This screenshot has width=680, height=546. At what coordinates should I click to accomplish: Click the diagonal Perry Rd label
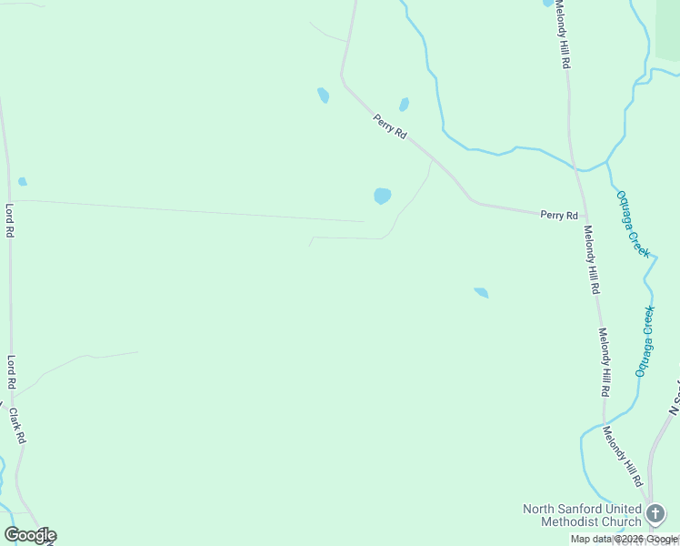click(389, 126)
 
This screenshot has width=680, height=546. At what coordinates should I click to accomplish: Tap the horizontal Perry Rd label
click(559, 216)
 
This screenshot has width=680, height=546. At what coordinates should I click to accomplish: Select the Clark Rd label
click(17, 425)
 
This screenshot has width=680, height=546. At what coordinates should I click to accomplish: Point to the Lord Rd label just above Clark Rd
click(12, 373)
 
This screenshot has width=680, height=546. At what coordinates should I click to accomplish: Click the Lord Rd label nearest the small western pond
click(10, 220)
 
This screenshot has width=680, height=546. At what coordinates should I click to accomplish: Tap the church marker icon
click(655, 515)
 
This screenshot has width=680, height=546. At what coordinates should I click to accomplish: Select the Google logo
click(30, 535)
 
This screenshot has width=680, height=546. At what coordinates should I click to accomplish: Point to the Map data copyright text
click(625, 540)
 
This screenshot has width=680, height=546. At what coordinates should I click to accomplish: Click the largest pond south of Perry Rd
click(383, 196)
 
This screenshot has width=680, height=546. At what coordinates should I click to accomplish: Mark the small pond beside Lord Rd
click(23, 181)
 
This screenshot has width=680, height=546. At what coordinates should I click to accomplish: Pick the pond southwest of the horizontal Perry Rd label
click(482, 293)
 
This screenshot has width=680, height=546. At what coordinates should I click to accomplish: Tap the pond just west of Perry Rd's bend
click(323, 95)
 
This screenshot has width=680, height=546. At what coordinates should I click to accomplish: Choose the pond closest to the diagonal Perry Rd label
click(404, 105)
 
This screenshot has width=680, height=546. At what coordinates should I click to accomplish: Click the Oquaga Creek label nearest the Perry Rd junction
click(633, 223)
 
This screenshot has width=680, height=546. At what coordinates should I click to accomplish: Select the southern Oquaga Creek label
click(645, 342)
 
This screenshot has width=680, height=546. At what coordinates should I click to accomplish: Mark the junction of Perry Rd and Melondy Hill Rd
click(580, 217)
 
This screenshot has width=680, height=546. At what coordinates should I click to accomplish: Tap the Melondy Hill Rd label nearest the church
click(625, 456)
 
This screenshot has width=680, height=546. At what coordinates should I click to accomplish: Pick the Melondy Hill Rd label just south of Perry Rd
click(592, 259)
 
